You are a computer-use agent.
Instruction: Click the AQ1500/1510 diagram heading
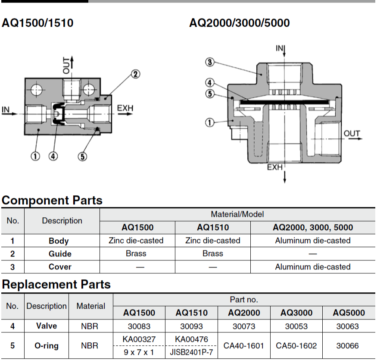click(x=37, y=23)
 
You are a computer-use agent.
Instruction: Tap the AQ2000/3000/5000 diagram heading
click(x=240, y=23)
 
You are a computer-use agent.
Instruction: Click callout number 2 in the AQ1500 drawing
click(x=135, y=74)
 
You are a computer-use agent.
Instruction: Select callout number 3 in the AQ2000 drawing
click(x=210, y=62)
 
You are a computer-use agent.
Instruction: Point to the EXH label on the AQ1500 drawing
click(x=125, y=108)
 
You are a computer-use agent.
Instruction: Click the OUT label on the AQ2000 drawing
click(x=352, y=133)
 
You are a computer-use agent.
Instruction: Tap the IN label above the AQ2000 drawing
click(x=279, y=48)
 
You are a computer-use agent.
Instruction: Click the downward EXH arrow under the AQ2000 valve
click(x=285, y=177)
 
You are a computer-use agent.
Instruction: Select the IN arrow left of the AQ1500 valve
click(x=9, y=113)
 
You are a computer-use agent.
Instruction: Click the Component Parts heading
click(x=52, y=200)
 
